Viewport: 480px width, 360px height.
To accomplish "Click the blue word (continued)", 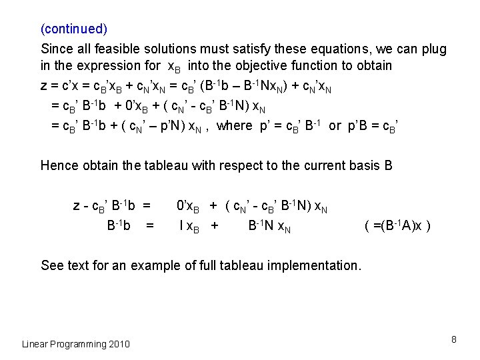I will pos(74,29).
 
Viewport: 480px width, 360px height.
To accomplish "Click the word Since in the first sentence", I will pos(56,49).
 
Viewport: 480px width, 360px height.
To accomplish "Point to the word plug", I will pos(435,49).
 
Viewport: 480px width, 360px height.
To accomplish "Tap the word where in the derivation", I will pos(235,125).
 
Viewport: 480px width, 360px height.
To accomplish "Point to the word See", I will pos(52,265).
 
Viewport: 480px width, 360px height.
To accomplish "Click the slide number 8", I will pos(453,340).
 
